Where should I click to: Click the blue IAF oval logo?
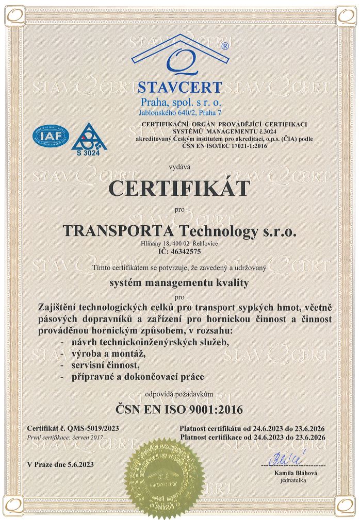point(51,135)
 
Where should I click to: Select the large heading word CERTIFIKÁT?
point(179,188)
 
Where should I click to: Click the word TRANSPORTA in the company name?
point(109,231)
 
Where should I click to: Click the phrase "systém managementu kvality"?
point(179,282)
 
